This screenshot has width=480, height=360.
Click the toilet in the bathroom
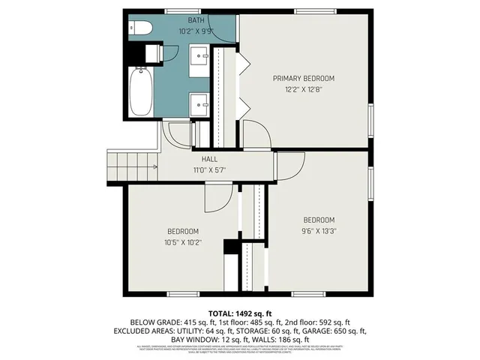(x=141, y=28)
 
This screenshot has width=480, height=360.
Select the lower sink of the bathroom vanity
(x=199, y=102)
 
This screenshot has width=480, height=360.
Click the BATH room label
(x=195, y=20)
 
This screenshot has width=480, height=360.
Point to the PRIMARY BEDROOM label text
(x=303, y=78)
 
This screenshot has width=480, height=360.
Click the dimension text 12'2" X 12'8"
(x=303, y=89)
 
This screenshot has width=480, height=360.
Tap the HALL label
(x=209, y=159)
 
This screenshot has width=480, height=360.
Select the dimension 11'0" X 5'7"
(x=209, y=170)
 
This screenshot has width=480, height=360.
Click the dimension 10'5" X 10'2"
(x=182, y=242)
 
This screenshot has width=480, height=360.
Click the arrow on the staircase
(x=153, y=167)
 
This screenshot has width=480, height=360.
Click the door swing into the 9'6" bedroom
(x=292, y=164)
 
